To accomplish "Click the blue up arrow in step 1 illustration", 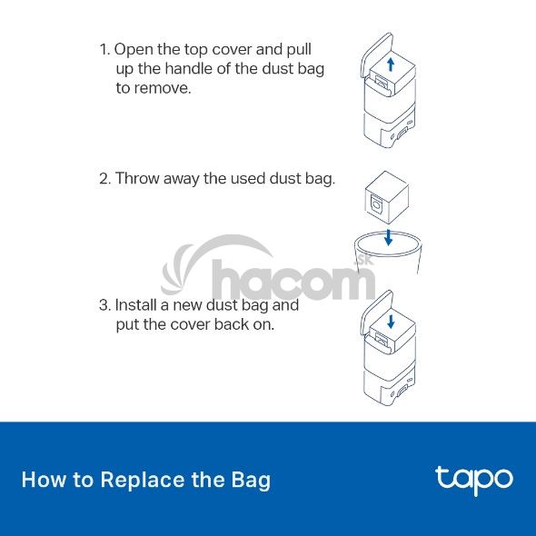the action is click(x=391, y=65).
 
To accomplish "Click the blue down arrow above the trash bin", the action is click(x=388, y=237).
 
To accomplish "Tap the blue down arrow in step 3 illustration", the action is click(x=391, y=322).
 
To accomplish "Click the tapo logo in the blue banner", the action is click(x=474, y=481).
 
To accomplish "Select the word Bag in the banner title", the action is click(x=251, y=481).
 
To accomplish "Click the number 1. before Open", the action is click(x=105, y=50).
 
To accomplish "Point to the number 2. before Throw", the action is click(x=105, y=179).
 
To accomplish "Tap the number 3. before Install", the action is click(x=105, y=305).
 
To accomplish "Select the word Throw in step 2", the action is click(x=137, y=178).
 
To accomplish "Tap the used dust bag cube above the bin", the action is click(x=387, y=197).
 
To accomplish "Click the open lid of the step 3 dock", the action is click(x=377, y=313).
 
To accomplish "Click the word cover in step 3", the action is click(x=190, y=324).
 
